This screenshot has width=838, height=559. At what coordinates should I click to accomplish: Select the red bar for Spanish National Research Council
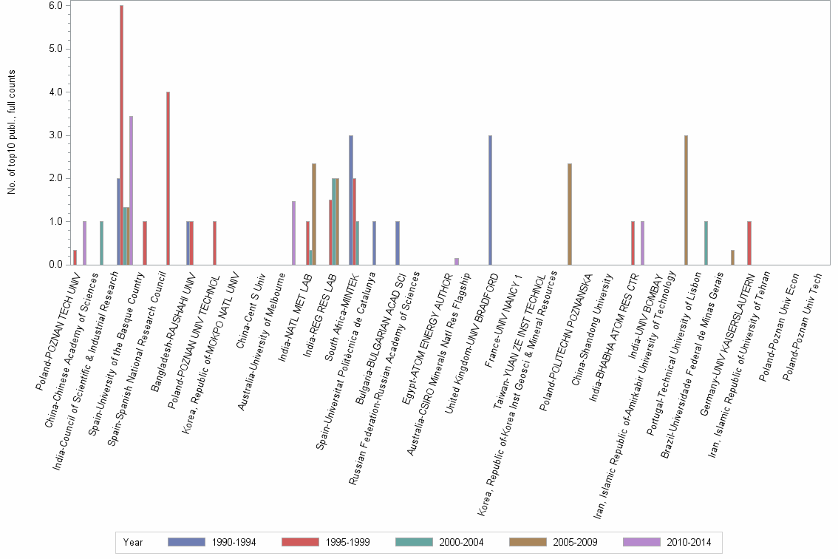click(x=168, y=178)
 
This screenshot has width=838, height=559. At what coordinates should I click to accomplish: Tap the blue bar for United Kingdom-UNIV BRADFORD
click(x=490, y=200)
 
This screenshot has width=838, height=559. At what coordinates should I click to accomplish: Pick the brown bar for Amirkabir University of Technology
click(x=686, y=200)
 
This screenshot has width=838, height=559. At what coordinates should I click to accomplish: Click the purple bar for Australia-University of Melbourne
click(x=293, y=232)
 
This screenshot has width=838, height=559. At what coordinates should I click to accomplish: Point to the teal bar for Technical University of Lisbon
click(x=706, y=243)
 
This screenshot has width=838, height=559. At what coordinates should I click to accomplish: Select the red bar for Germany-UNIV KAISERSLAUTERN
click(x=749, y=243)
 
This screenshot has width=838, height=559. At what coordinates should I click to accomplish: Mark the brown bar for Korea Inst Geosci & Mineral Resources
click(x=569, y=214)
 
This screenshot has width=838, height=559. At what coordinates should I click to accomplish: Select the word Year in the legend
click(x=134, y=542)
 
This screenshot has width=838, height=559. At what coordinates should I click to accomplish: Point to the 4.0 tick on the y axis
click(x=57, y=92)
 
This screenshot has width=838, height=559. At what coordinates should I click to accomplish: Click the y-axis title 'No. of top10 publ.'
click(x=12, y=133)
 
